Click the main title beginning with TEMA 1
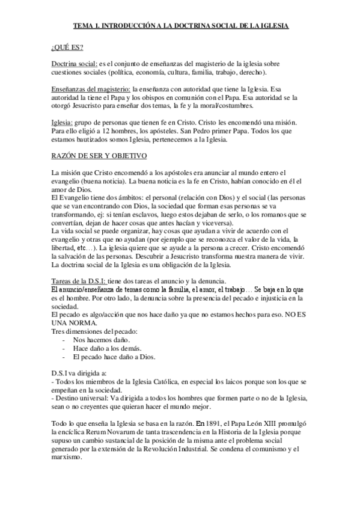[180, 26]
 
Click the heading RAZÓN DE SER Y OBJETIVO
[99, 156]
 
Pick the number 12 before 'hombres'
[109, 131]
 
